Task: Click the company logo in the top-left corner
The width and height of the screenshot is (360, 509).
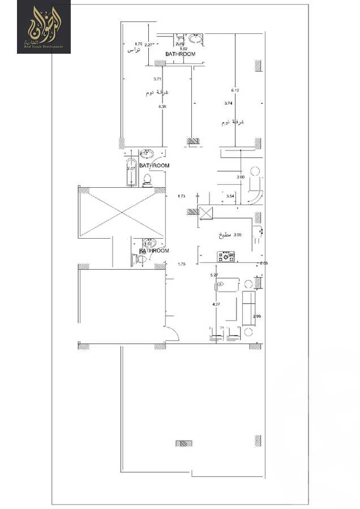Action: (44, 27)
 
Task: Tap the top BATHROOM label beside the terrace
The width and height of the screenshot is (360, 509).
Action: (180, 54)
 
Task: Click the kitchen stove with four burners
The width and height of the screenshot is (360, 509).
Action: (229, 257)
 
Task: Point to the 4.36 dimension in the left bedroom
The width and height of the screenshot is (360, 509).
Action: (162, 106)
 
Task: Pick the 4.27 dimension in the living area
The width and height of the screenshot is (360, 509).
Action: (216, 305)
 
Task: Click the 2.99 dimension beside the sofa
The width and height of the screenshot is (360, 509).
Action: (257, 316)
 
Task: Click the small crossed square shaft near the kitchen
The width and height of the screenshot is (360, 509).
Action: (205, 213)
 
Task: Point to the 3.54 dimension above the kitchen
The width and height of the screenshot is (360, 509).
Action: (230, 196)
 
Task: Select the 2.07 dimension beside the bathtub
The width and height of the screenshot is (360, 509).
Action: (131, 168)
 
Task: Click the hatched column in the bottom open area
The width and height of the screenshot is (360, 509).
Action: (184, 443)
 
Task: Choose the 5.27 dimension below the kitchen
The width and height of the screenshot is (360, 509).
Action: (215, 275)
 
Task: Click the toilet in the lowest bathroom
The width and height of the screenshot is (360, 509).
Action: (141, 259)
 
